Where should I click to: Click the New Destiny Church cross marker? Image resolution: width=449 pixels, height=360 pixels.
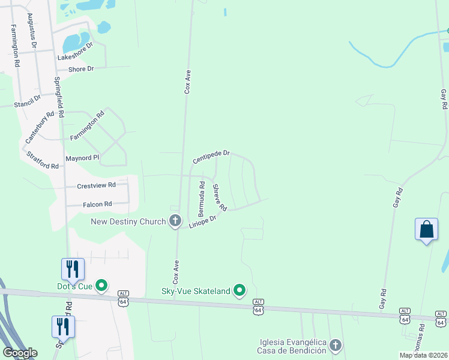click(x=175, y=221)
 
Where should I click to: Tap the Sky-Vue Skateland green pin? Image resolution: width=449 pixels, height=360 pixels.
click(x=240, y=291)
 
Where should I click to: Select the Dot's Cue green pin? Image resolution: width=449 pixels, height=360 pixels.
click(x=101, y=286)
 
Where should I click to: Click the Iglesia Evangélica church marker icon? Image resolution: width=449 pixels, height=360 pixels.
click(x=336, y=345)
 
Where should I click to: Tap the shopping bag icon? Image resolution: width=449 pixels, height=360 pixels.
click(x=426, y=230)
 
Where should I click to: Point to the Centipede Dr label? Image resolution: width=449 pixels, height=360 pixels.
click(x=211, y=157)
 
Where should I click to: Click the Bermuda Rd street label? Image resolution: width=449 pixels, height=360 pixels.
click(x=202, y=199)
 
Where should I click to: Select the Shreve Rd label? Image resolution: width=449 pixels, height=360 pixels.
click(x=220, y=197)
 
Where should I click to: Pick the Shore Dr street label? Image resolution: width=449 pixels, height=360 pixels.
click(x=82, y=69)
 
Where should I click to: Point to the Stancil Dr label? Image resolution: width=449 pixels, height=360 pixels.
click(x=28, y=100)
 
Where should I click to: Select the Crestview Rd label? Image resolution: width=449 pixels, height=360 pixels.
click(x=96, y=186)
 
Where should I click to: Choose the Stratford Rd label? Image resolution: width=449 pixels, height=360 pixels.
click(x=43, y=160)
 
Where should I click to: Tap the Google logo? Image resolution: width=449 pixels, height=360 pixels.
click(x=19, y=353)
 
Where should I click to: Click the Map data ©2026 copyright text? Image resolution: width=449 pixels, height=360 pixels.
click(x=423, y=355)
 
